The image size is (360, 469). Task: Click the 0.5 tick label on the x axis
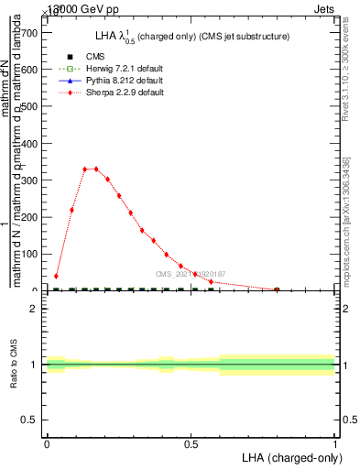pos(191,443)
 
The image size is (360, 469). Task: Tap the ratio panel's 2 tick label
pos(34,310)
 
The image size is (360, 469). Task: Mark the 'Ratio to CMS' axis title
pos(14,365)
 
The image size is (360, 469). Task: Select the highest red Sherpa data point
pos(95,169)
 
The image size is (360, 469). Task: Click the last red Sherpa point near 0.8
pos(277,289)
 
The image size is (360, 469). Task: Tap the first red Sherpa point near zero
pos(56,276)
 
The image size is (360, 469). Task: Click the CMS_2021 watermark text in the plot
pos(190,274)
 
